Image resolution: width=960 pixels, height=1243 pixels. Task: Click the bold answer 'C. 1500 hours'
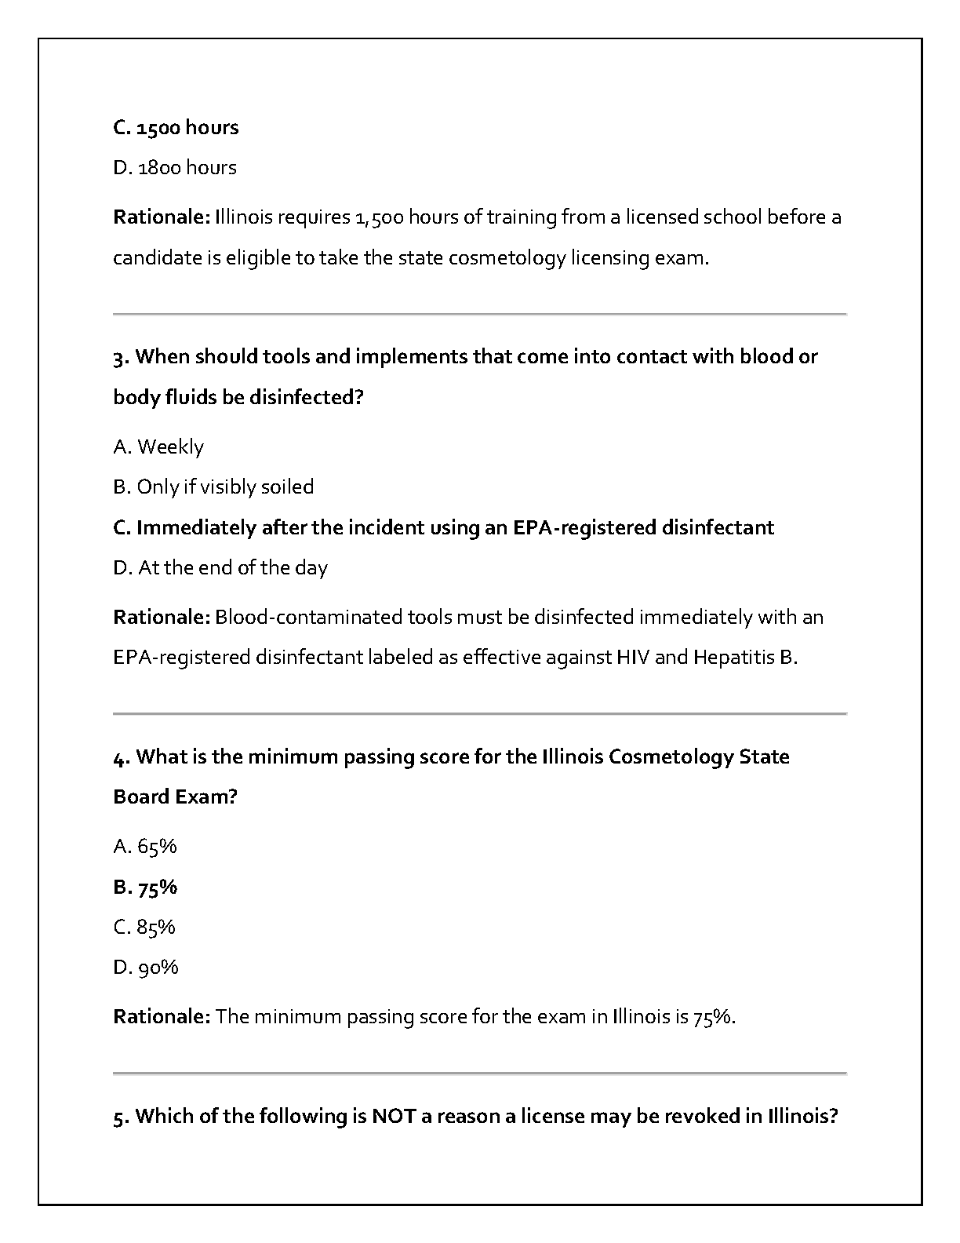click(x=176, y=128)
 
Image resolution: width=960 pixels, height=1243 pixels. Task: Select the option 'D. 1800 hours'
click(x=175, y=168)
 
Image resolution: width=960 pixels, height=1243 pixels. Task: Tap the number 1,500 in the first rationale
click(x=379, y=217)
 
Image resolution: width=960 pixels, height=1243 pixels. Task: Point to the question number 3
click(x=120, y=358)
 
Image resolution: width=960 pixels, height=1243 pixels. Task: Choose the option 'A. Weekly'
click(x=158, y=447)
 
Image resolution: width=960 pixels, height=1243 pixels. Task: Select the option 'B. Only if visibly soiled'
click(x=213, y=487)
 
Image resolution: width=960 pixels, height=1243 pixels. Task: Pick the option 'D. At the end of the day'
click(x=220, y=568)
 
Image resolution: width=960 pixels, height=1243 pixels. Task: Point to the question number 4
click(x=120, y=758)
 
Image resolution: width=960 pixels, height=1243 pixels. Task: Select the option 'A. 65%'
click(x=145, y=847)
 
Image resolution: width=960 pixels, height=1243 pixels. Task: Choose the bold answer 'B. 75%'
click(x=145, y=888)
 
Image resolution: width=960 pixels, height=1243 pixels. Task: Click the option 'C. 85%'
click(x=144, y=928)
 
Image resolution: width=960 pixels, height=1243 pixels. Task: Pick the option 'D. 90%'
click(x=146, y=968)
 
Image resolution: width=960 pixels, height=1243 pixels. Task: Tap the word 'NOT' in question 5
click(x=394, y=1117)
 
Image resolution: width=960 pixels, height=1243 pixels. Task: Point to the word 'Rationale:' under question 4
click(x=162, y=1017)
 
